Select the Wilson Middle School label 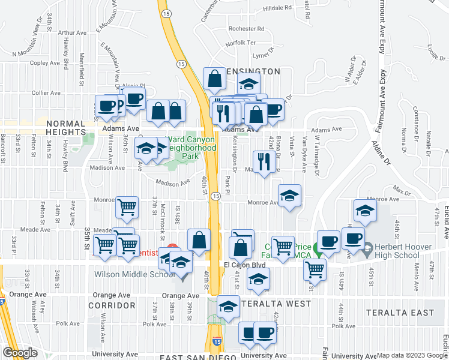pos(134,275)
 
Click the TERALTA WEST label pos(270,305)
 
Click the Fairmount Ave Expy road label pos(381,27)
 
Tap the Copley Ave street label pos(47,62)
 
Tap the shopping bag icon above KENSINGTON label pos(214,79)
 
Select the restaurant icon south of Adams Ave pos(264,161)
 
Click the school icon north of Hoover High pos(364,211)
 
